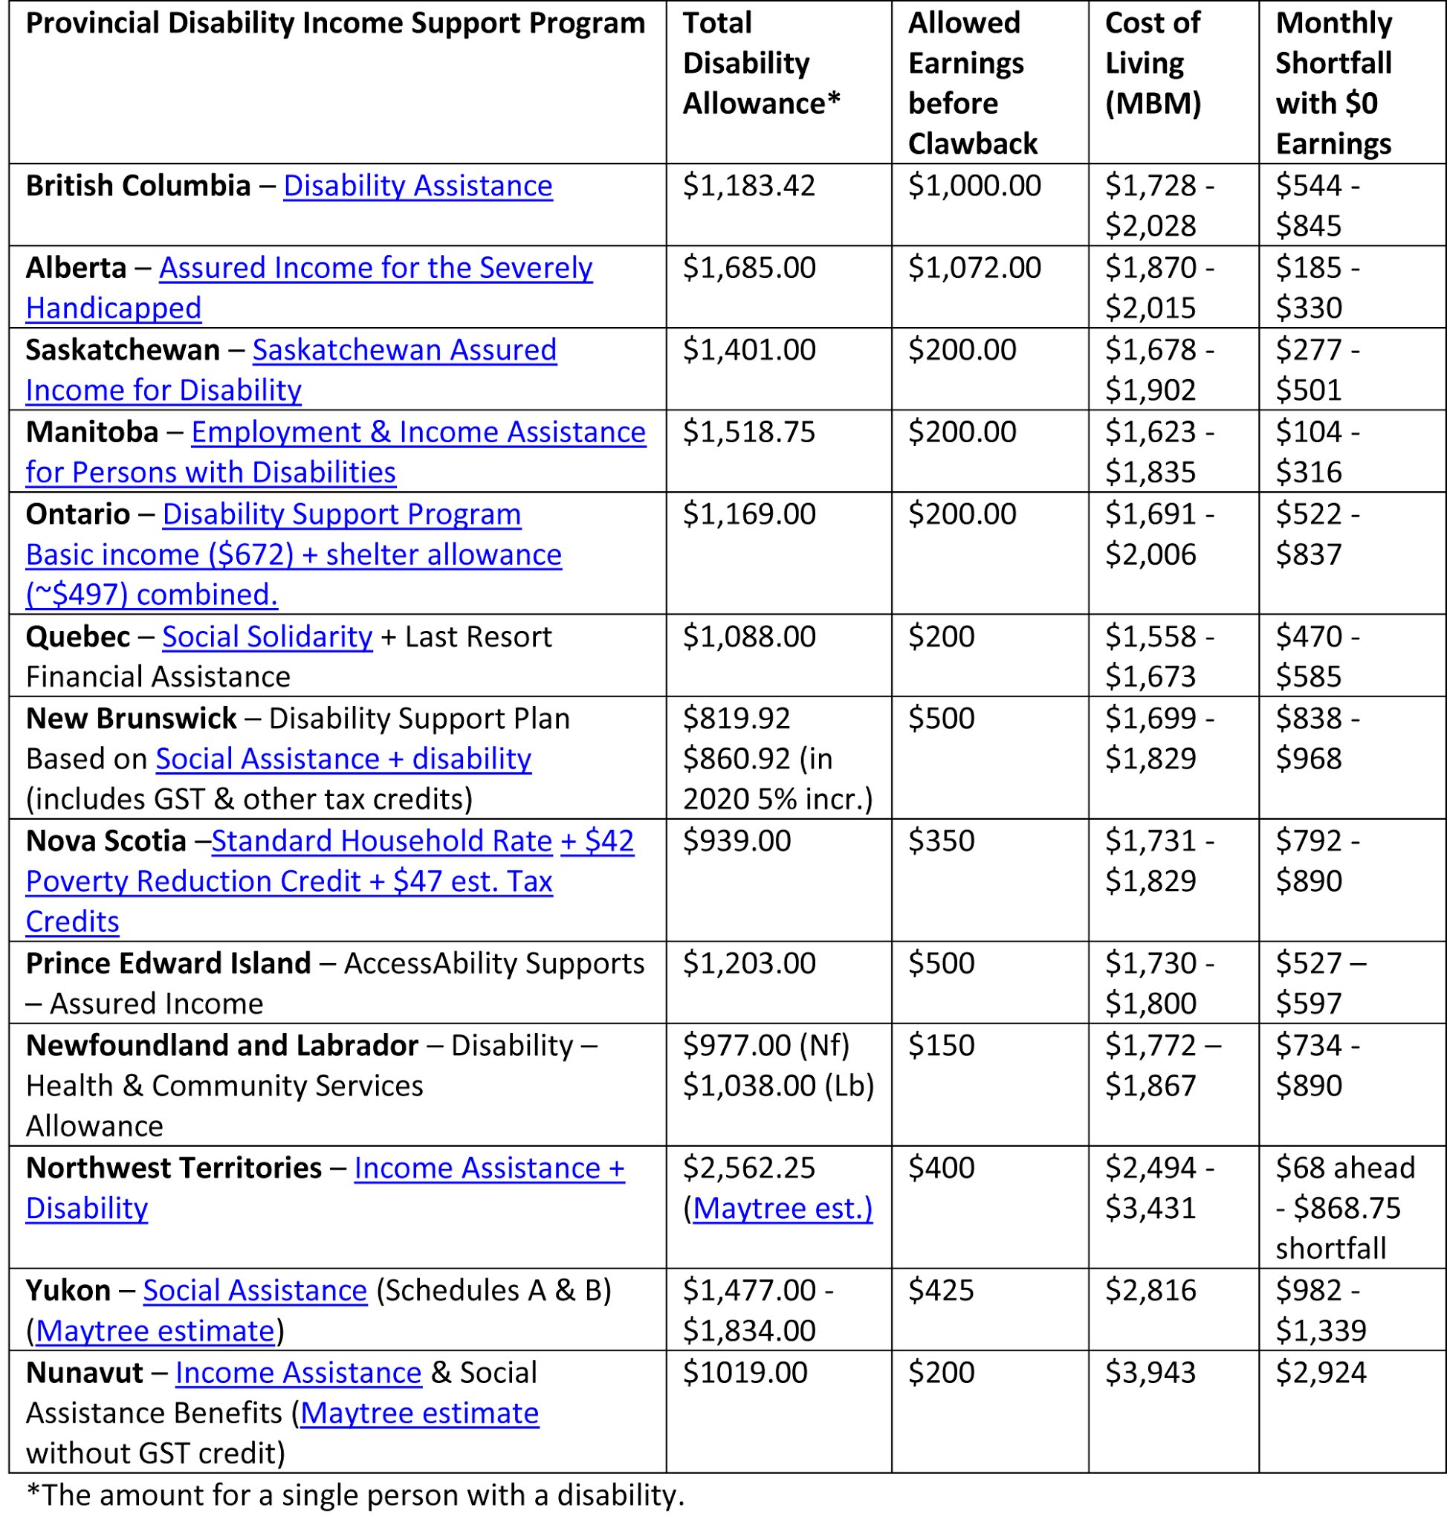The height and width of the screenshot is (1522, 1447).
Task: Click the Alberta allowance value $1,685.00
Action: click(749, 268)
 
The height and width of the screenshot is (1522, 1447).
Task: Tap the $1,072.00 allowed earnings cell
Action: click(974, 268)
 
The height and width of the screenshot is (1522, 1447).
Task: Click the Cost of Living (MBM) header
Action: click(1153, 63)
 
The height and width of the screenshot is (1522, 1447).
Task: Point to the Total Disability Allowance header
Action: click(760, 63)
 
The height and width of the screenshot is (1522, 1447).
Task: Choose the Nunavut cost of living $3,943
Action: click(1150, 1373)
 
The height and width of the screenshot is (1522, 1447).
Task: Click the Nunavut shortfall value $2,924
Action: click(1321, 1373)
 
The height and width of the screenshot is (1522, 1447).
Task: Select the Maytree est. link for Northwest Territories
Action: click(782, 1208)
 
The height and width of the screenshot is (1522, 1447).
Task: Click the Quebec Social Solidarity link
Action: click(267, 636)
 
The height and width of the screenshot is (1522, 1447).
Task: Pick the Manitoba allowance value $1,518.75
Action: click(748, 432)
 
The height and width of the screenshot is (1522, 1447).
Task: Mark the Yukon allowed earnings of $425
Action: click(941, 1291)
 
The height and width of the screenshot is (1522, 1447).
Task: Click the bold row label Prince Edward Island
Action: click(168, 963)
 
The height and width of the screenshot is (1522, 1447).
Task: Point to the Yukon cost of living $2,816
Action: click(1150, 1291)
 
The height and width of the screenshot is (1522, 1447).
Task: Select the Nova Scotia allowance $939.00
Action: click(737, 841)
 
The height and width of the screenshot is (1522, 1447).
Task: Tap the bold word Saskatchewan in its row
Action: click(123, 350)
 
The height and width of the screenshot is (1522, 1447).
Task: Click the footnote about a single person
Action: click(355, 1495)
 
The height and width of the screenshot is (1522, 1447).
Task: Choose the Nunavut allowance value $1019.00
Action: click(745, 1373)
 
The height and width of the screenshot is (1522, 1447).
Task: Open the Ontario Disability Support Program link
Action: click(342, 514)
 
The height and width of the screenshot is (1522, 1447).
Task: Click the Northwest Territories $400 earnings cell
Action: click(941, 1168)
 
